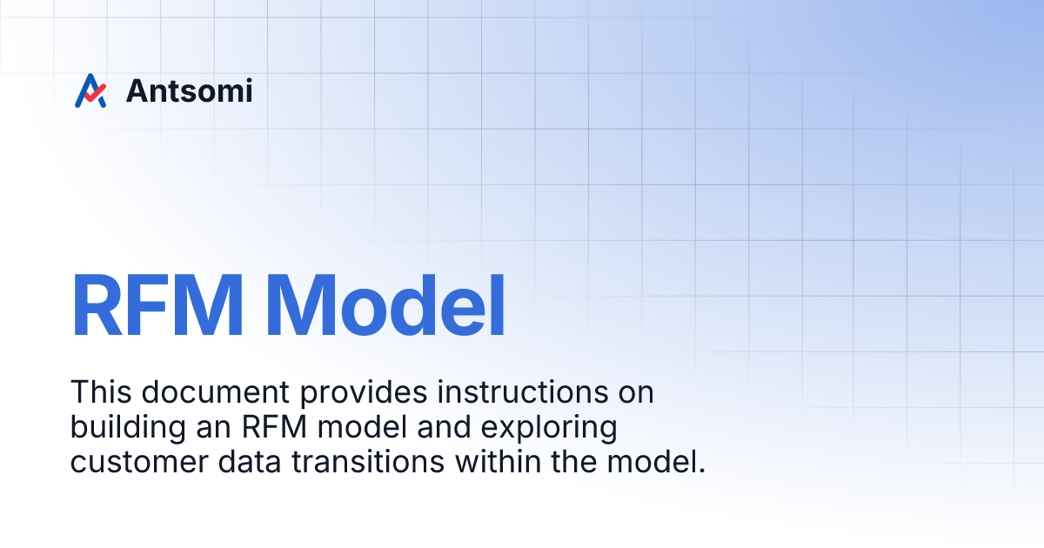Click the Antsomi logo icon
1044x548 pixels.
pos(90,90)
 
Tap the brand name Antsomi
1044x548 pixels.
pos(189,90)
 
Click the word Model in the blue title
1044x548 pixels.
pos(391,307)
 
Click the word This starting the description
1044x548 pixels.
pos(97,392)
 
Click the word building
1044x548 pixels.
pos(121,429)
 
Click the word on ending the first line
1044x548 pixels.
pos(633,393)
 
